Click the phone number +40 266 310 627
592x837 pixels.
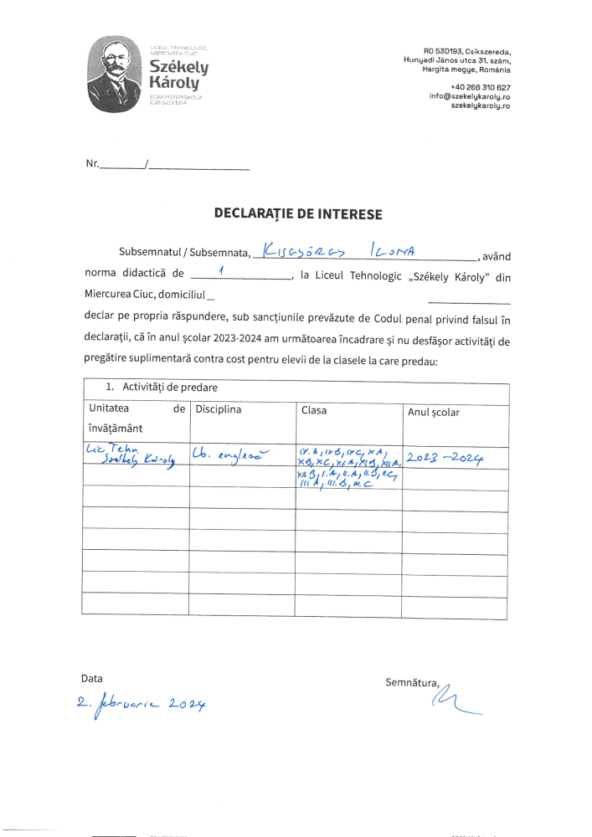(481, 87)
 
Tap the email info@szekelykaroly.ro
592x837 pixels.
(470, 96)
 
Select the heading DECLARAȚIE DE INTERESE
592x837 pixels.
(298, 214)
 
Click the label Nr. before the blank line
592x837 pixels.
(92, 164)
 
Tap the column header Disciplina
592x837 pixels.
(218, 409)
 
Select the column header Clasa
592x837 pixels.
(313, 410)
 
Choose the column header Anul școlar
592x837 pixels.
(433, 412)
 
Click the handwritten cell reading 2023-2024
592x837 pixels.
(445, 457)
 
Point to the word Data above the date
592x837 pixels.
(92, 678)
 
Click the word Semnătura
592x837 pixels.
(411, 682)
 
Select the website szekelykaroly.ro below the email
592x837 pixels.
(481, 106)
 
